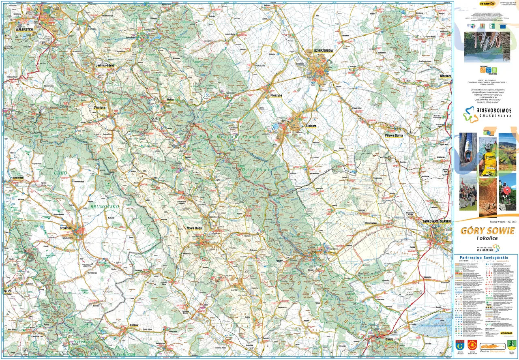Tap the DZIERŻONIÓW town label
click(x=324, y=51)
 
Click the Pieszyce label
click(x=276, y=95)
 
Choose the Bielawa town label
click(x=311, y=126)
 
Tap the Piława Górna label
click(x=394, y=135)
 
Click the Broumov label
click(x=65, y=229)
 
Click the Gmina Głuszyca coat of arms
click(x=460, y=345)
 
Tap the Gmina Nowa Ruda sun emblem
click(x=472, y=345)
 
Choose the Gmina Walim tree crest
click(x=511, y=345)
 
